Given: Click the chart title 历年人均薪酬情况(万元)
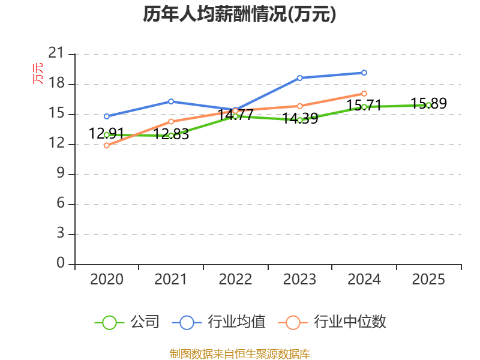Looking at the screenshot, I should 239,14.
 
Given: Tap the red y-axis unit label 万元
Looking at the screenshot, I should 38,73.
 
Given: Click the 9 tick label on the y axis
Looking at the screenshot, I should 60,174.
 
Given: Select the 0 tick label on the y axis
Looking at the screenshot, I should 60,263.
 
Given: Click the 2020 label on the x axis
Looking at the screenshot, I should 106,280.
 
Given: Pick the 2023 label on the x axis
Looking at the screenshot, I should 299,280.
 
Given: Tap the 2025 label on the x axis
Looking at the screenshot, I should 428,280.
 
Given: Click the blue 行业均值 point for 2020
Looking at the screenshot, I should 106,116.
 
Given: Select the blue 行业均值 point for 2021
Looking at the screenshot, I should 171,101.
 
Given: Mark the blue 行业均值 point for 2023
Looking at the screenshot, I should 299,78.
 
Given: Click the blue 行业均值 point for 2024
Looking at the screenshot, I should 364,73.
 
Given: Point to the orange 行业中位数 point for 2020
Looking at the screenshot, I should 106,145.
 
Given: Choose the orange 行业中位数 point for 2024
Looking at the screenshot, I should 364,94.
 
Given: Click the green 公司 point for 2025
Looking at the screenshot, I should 428,105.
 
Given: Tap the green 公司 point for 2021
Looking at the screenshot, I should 171,136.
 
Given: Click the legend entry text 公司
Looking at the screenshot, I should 145,322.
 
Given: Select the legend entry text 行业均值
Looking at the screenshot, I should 236,322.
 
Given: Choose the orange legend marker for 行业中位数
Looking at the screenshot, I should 293,323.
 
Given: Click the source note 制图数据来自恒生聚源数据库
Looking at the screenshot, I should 239,353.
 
